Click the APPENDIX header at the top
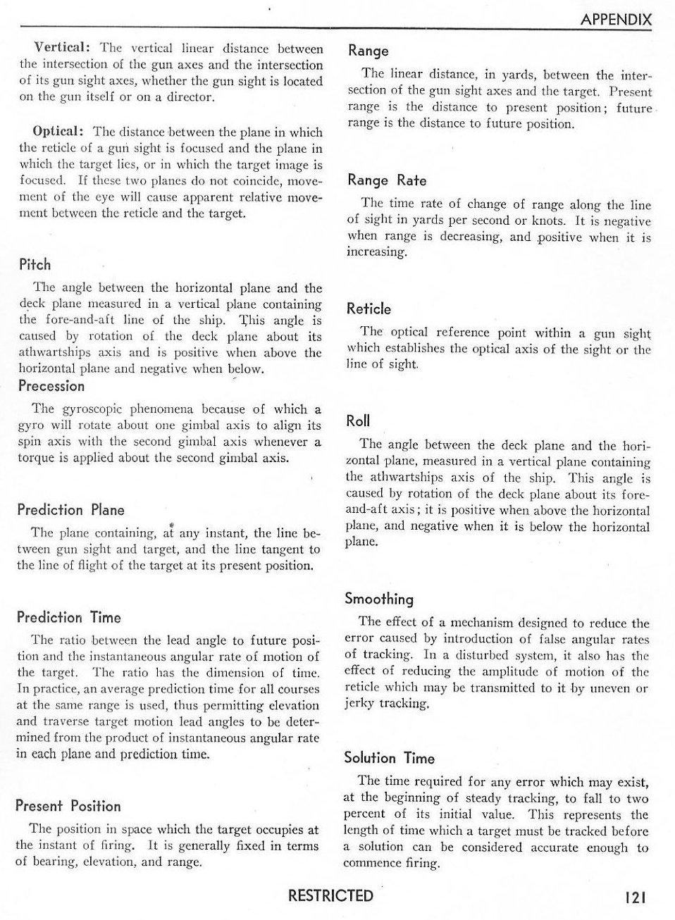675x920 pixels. (616, 20)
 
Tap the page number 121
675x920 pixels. (635, 897)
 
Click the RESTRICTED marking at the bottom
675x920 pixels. (330, 895)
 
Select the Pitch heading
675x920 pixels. (35, 265)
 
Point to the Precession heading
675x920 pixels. (51, 386)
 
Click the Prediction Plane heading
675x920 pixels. (70, 510)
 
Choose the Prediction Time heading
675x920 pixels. (69, 618)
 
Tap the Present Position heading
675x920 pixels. (68, 807)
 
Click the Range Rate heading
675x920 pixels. (387, 180)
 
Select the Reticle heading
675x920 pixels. (369, 309)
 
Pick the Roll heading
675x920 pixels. (358, 421)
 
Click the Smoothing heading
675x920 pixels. (379, 599)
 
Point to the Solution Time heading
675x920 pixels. (389, 759)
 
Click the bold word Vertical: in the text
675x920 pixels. (62, 49)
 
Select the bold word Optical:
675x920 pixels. (59, 132)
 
